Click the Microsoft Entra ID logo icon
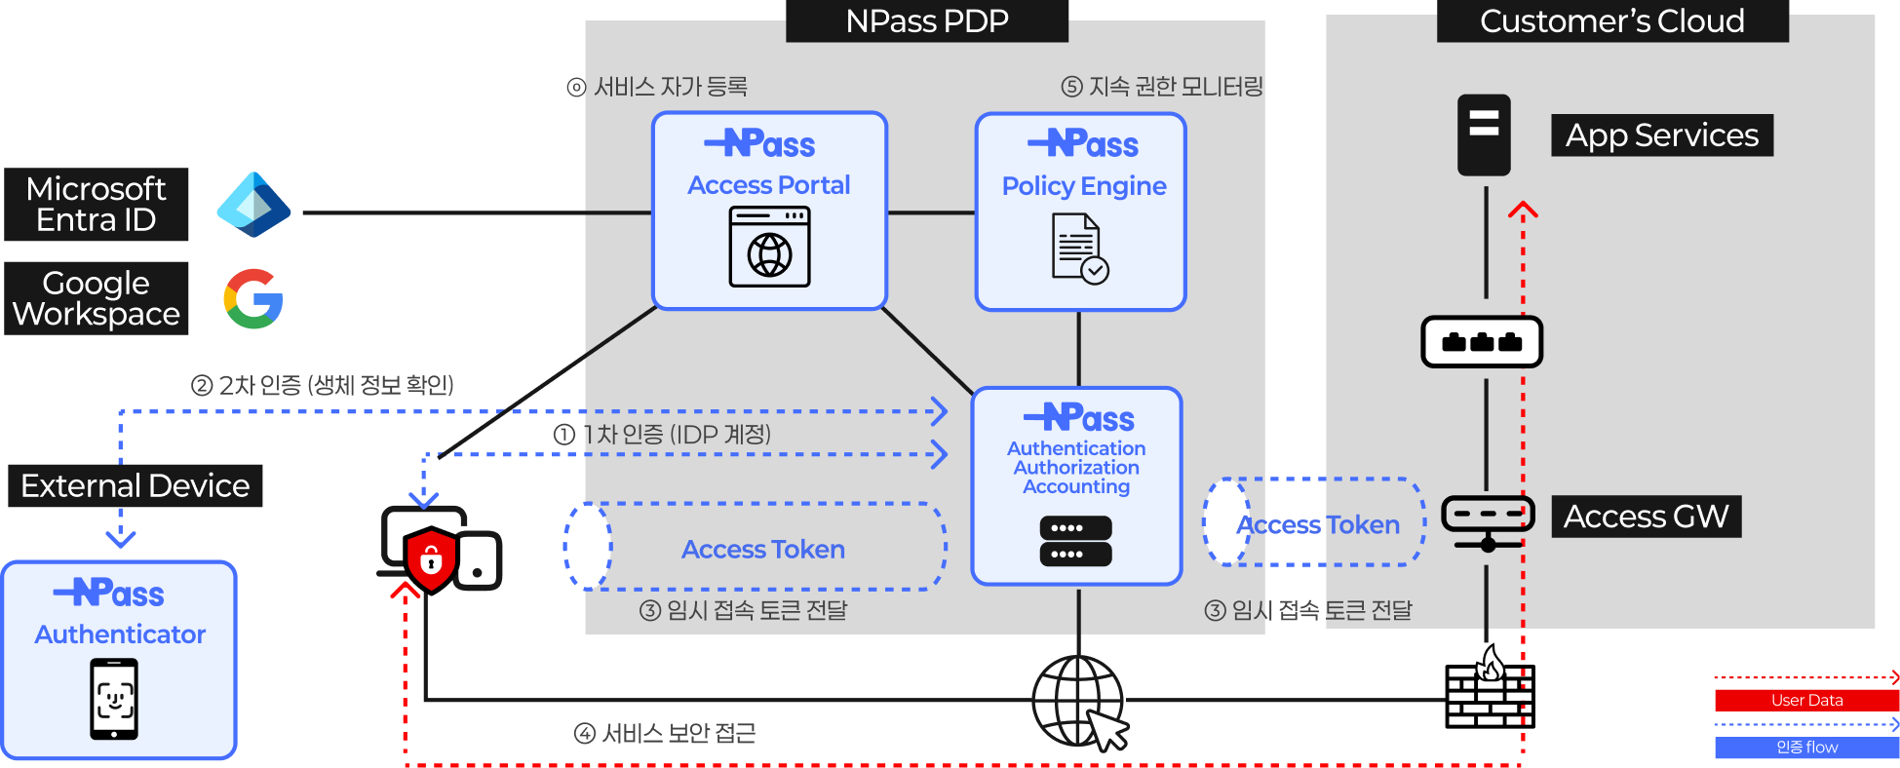point(252,205)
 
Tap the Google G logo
point(253,298)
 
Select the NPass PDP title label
point(927,20)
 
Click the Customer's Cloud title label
point(1611,20)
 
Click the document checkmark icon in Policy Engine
point(1080,249)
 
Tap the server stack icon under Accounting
point(1075,541)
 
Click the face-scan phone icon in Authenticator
point(114,699)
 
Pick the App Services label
point(1662,135)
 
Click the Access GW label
point(1646,517)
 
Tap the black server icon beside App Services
point(1484,134)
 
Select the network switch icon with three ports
point(1482,342)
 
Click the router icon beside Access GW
point(1488,520)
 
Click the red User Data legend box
point(1806,700)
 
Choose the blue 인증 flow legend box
point(1806,748)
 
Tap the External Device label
point(136,485)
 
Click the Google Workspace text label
point(97,298)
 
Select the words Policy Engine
point(1084,186)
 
